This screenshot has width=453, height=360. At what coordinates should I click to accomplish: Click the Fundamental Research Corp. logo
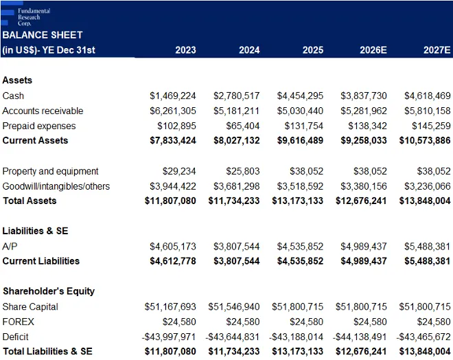[x=25, y=14]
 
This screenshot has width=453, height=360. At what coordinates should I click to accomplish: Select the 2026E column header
[x=373, y=50]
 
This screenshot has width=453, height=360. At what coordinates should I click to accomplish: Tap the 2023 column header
[x=185, y=50]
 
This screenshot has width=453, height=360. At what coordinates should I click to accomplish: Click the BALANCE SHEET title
[x=43, y=35]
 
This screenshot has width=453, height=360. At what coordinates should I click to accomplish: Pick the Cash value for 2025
[x=300, y=95]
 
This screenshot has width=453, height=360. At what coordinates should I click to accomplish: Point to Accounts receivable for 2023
[x=173, y=111]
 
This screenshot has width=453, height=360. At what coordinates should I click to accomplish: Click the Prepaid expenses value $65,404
[x=243, y=126]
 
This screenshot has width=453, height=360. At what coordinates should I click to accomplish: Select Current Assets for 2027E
[x=425, y=141]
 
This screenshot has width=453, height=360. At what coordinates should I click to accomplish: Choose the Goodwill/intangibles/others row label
[x=56, y=186]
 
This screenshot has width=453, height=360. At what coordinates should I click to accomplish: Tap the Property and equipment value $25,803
[x=243, y=171]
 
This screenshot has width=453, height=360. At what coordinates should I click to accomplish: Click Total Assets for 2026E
[x=361, y=201]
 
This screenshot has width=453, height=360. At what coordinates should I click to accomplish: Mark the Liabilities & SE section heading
[x=35, y=231]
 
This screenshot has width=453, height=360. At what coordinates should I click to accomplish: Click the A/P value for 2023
[x=173, y=247]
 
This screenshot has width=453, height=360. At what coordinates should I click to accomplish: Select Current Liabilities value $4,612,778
[x=173, y=261]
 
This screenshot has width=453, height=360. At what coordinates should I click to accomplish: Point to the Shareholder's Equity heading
[x=49, y=291]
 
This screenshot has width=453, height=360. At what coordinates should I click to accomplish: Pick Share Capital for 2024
[x=234, y=306]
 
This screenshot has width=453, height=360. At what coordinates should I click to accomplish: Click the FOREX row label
[x=19, y=322]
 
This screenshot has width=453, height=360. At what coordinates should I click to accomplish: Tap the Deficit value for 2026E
[x=360, y=337]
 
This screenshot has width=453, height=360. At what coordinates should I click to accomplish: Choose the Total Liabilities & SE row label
[x=47, y=351]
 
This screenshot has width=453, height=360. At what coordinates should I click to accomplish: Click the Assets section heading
[x=17, y=80]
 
